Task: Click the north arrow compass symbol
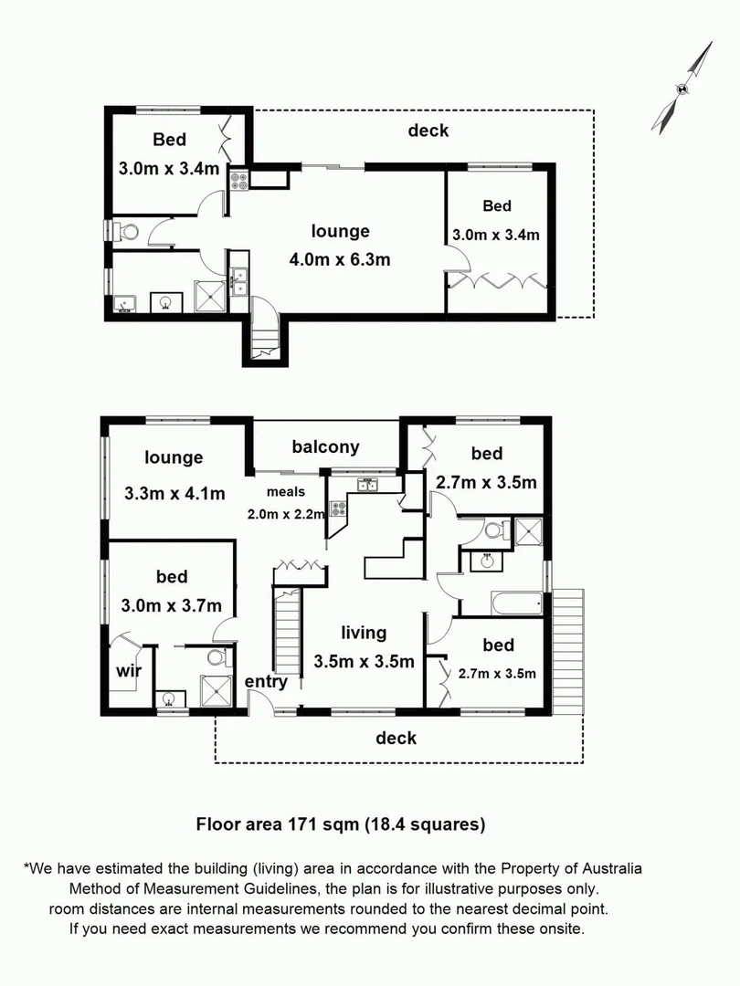pyautogui.click(x=682, y=89)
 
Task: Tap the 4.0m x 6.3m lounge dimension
pyautogui.click(x=340, y=259)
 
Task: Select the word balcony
pyautogui.click(x=325, y=446)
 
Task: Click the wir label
pyautogui.click(x=128, y=671)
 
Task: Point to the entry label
pyautogui.click(x=266, y=681)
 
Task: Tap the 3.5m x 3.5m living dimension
pyautogui.click(x=364, y=661)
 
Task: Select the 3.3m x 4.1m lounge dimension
pyautogui.click(x=174, y=495)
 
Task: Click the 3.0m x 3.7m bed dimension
pyautogui.click(x=171, y=605)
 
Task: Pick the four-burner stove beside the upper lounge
pyautogui.click(x=239, y=179)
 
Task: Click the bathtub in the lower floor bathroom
pyautogui.click(x=517, y=603)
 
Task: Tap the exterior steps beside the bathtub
pyautogui.click(x=568, y=649)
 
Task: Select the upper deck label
pyautogui.click(x=428, y=131)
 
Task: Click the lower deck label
pyautogui.click(x=396, y=738)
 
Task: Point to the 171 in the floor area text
pyautogui.click(x=296, y=824)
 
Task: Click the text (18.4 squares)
pyautogui.click(x=425, y=824)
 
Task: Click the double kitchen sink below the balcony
pyautogui.click(x=368, y=484)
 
